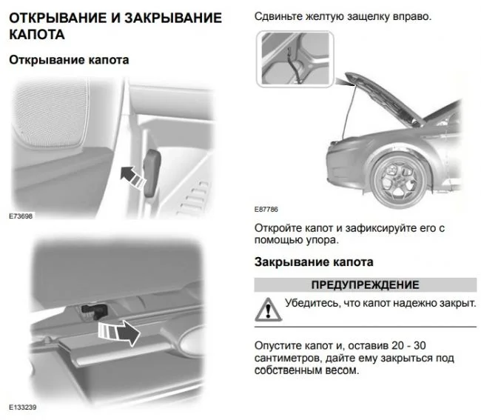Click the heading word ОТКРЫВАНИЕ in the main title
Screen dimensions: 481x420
58,18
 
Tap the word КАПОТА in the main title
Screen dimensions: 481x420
37,34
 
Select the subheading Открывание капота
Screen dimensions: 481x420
69,60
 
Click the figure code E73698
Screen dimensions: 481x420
21,216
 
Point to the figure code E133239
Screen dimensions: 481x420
23,407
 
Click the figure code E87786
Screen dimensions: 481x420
266,210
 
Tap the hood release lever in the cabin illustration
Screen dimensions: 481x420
152,173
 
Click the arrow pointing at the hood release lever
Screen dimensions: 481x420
132,177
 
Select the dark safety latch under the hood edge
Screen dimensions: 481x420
93,310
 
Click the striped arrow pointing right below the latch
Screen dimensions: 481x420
119,333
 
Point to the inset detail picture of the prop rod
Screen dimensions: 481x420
295,59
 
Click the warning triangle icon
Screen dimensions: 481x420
268,310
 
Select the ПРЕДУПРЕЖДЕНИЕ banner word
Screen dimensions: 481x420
365,285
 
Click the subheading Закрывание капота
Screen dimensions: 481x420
314,262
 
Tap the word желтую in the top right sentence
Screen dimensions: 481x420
325,16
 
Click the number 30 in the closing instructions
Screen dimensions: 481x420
420,346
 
